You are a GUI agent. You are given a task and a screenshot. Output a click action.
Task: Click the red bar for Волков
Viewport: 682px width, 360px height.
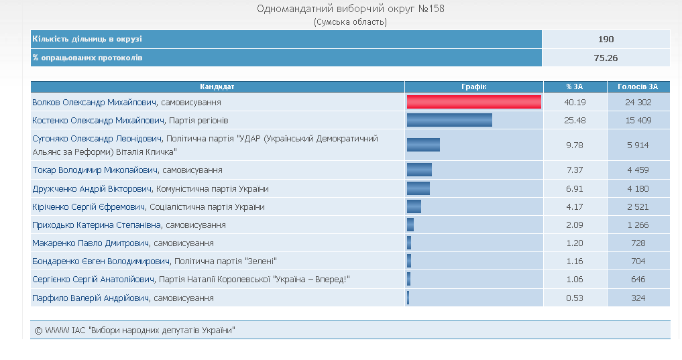coord(473,102)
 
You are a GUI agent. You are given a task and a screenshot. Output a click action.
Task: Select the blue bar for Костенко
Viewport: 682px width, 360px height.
coord(449,120)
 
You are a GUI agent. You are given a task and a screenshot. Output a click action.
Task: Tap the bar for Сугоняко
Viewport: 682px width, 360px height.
coord(423,145)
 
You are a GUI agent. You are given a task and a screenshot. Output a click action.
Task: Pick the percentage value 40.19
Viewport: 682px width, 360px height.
coord(575,103)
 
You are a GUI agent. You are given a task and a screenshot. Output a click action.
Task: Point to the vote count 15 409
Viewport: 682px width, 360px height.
coord(638,121)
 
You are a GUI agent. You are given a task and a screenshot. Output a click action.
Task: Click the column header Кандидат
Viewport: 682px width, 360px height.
coord(217,86)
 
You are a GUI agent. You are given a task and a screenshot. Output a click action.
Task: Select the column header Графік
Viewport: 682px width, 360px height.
coord(473,86)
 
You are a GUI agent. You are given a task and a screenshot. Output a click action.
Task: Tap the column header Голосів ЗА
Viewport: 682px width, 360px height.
coord(638,86)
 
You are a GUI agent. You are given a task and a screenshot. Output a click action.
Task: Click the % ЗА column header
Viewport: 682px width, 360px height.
coord(575,86)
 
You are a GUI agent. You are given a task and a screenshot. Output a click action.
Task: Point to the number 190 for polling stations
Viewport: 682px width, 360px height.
coord(606,40)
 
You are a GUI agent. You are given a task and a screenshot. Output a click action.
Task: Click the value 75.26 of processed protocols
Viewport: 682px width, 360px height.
coord(606,58)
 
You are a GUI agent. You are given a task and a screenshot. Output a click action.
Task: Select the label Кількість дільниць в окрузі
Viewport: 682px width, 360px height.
coord(87,40)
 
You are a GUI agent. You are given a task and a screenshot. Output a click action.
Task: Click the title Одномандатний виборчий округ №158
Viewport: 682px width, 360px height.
coord(350,9)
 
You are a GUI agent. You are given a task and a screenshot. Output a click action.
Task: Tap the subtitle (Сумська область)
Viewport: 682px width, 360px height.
coord(350,21)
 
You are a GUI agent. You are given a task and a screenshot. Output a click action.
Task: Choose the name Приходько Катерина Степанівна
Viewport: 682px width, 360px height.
coord(97,225)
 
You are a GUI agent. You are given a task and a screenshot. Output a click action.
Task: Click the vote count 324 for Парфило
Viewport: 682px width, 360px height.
coord(638,298)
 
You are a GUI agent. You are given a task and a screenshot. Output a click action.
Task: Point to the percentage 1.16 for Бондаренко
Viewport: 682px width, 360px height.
coord(575,261)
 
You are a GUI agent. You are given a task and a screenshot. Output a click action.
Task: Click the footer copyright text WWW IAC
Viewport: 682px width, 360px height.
coord(134,331)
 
